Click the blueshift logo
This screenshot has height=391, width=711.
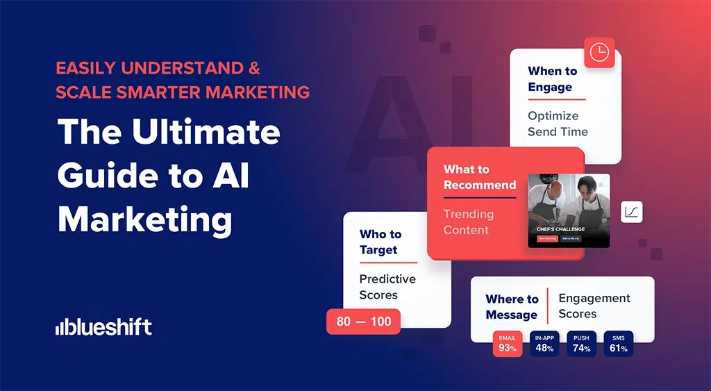[x=103, y=327]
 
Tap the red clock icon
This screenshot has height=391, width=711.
[x=599, y=52]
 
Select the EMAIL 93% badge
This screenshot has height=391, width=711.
[x=507, y=344]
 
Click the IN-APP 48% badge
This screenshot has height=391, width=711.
[x=544, y=344]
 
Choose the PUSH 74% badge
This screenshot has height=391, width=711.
[x=581, y=344]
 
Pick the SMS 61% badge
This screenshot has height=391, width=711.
[x=618, y=344]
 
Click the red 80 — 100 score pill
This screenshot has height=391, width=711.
[x=363, y=322]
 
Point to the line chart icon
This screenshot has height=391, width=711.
[x=632, y=212]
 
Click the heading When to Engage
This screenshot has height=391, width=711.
[x=552, y=79]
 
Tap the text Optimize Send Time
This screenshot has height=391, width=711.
[x=558, y=124]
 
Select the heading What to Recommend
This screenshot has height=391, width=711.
[x=480, y=177]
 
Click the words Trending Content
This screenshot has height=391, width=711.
[x=469, y=222]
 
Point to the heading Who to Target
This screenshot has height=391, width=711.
[x=380, y=242]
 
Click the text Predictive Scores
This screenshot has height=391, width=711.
[x=387, y=286]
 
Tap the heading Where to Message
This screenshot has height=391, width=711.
[x=512, y=307]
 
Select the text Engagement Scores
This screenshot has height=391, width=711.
[x=594, y=306]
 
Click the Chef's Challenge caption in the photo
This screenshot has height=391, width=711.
[x=560, y=228]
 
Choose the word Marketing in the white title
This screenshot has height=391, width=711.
[x=144, y=218]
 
